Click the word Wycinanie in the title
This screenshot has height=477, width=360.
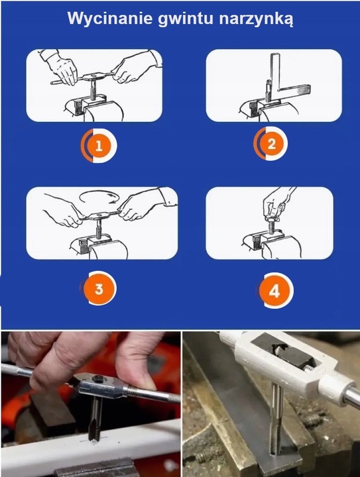(110, 18)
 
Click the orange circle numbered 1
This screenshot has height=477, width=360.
(99, 146)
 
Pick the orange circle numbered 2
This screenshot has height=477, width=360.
(271, 144)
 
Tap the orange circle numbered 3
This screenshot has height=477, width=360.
(99, 288)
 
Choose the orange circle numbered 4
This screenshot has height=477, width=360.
(274, 291)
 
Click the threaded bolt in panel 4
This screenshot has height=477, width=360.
(271, 225)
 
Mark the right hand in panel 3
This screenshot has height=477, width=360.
(143, 205)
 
